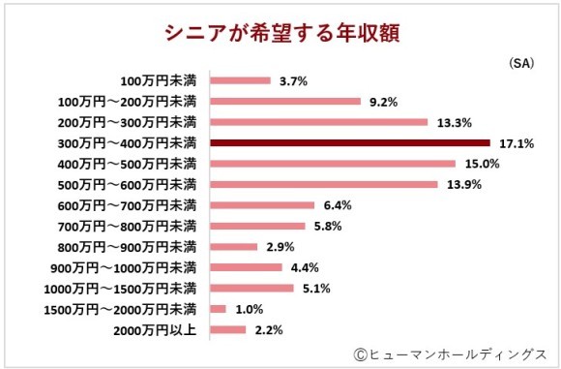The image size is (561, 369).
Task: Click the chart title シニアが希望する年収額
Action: coord(280,32)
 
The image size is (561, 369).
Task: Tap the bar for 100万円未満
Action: coord(240,80)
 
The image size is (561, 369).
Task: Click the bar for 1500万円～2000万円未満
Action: coord(218,309)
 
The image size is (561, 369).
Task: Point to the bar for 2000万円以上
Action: coord(227,330)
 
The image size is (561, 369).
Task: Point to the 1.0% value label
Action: coord(251,309)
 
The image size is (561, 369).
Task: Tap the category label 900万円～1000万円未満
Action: coord(123,267)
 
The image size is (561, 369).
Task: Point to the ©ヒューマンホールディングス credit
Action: coord(450,354)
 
